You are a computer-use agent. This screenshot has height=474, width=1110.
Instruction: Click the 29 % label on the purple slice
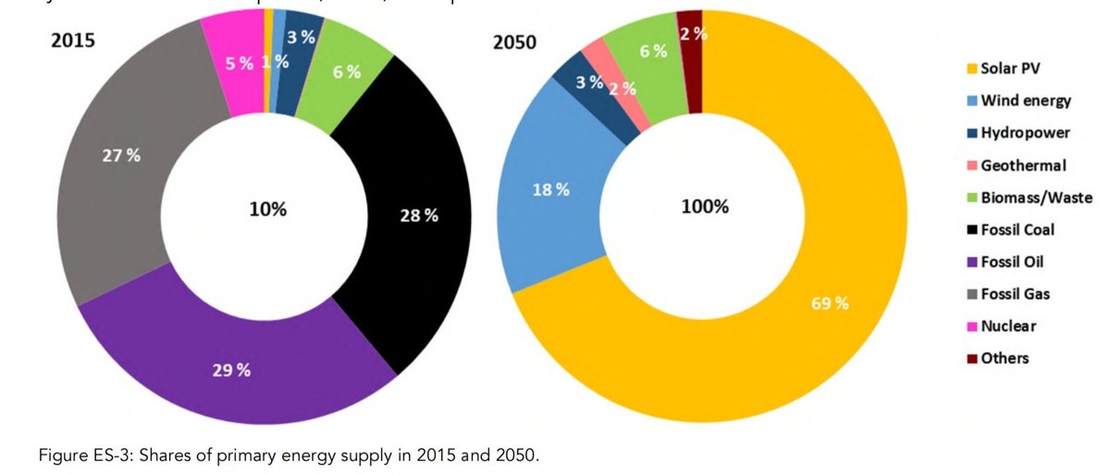[x=230, y=370]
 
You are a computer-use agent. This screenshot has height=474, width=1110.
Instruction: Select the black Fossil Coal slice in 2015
[x=407, y=185]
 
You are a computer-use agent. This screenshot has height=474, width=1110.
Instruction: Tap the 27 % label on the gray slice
[x=121, y=156]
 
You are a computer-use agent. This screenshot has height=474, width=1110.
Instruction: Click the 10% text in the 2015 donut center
[x=268, y=209]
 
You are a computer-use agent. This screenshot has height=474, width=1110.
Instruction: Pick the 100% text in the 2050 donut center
[x=705, y=206]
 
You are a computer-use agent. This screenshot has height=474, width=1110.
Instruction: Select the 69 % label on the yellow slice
[x=830, y=304]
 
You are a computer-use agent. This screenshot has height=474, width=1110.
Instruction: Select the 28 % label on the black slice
[x=419, y=216]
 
